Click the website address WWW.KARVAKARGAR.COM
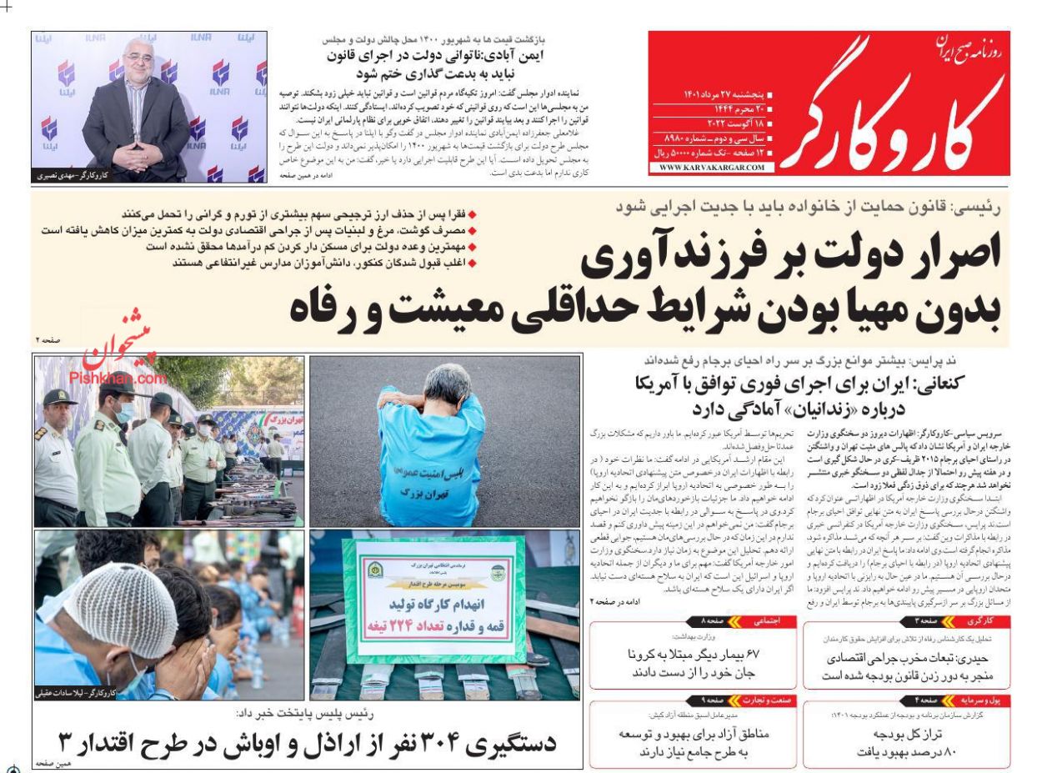(x=710, y=168)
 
